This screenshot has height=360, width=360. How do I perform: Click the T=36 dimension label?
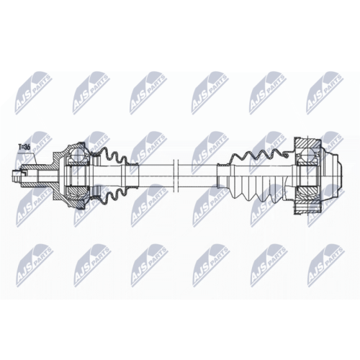click(24, 147)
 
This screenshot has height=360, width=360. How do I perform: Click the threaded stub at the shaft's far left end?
click(16, 176)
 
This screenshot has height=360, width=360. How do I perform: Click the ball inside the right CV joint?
click(307, 154)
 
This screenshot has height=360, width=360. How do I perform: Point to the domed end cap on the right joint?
click(332, 176)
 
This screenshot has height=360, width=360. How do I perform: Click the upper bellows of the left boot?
click(111, 156)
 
